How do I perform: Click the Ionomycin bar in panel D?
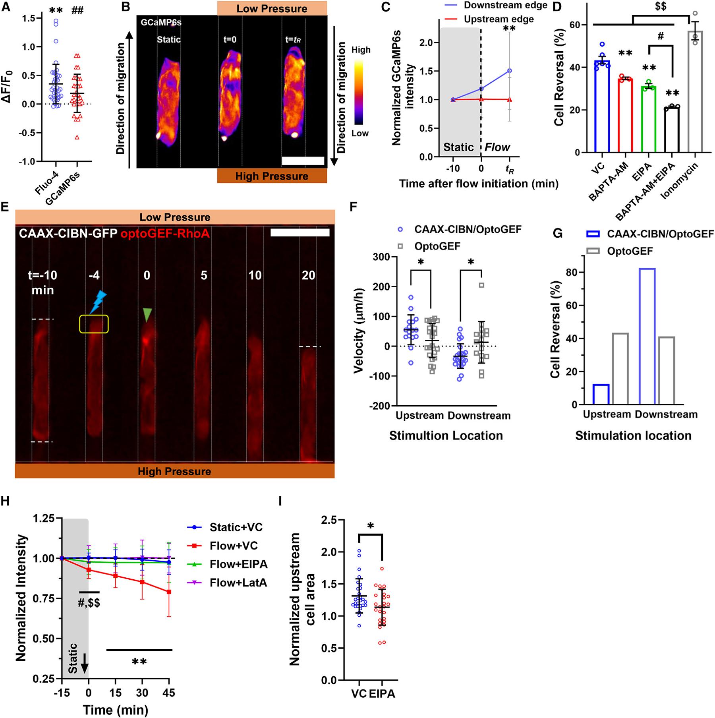[x=695, y=91]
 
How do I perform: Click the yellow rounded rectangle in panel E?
[x=94, y=323]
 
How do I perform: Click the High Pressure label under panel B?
[x=272, y=176]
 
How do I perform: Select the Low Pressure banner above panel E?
[x=175, y=217]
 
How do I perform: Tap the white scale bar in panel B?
[x=303, y=161]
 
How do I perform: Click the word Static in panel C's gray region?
[x=459, y=147]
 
